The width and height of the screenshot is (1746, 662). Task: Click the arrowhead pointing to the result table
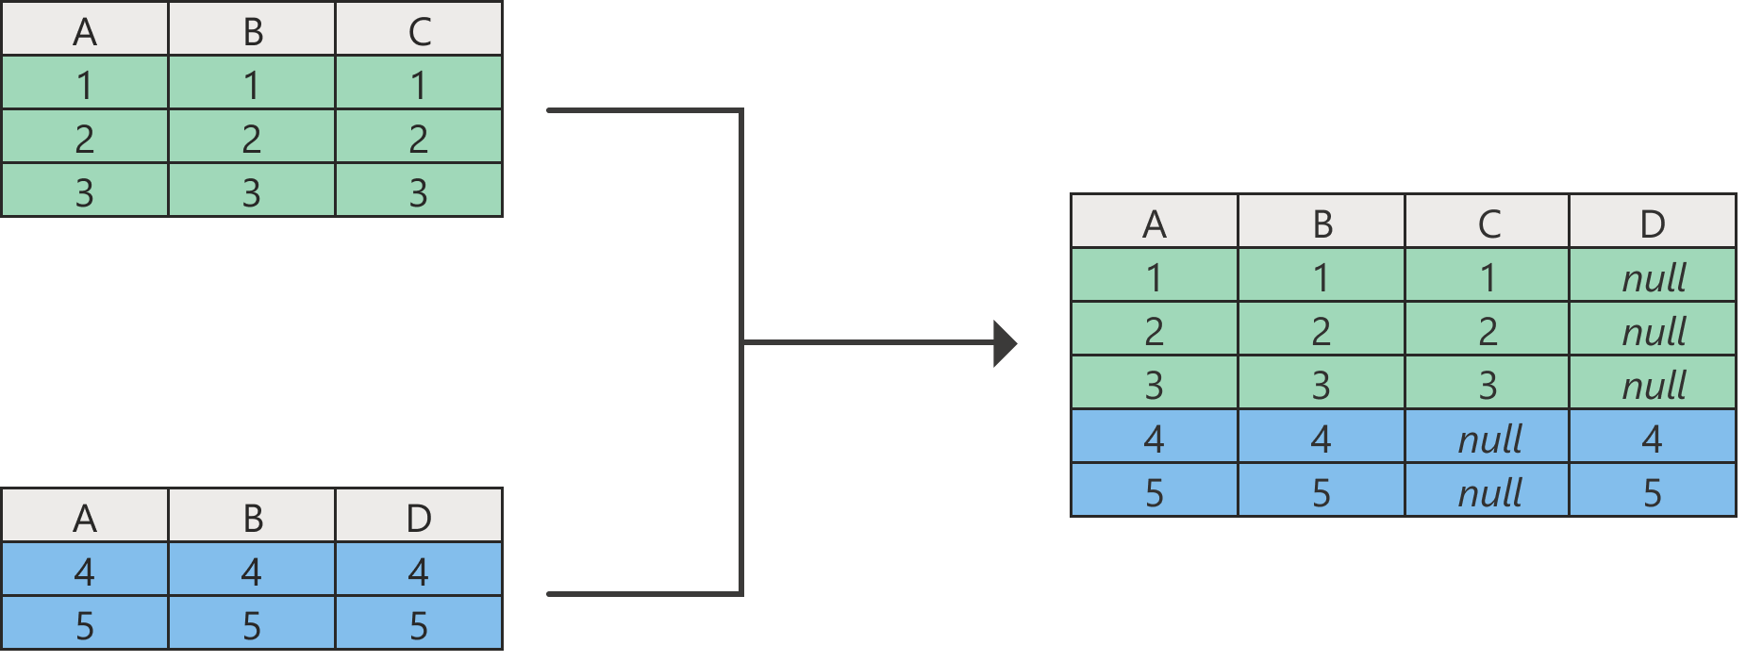point(1006,342)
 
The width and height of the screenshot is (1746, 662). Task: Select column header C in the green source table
point(419,31)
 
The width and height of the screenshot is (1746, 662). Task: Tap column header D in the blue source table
point(419,518)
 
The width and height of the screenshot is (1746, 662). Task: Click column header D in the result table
point(1653,223)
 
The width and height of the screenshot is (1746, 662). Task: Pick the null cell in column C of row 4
point(1488,439)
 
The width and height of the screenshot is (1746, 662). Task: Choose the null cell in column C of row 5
point(1488,492)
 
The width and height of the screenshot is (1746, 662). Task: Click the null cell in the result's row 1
point(1653,277)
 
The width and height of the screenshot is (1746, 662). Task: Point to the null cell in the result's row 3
point(1653,385)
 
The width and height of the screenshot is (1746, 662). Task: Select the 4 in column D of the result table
point(1653,439)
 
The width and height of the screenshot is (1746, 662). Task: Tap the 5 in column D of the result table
point(1653,492)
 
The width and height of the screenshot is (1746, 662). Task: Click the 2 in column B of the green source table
point(252,139)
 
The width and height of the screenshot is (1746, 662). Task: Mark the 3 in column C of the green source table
point(419,192)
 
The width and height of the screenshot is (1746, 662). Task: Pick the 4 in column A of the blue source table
point(85,571)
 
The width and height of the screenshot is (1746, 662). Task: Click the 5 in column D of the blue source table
point(419,625)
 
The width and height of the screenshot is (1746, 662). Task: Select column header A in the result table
point(1155,223)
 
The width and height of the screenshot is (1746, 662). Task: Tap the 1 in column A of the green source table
point(85,85)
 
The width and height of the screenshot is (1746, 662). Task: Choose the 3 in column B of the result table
point(1322,385)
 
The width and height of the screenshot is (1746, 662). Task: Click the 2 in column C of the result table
point(1488,331)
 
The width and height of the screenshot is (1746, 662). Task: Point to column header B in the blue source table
point(252,518)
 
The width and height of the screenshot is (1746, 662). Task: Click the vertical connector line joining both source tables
point(741,236)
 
